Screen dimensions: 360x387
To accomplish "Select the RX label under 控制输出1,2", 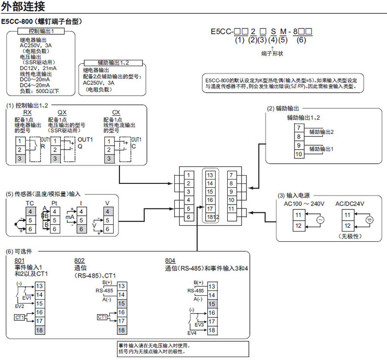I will click(x=28, y=112).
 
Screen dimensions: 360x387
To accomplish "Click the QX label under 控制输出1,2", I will click(x=62, y=112).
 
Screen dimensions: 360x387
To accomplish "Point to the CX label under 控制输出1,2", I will click(x=116, y=112).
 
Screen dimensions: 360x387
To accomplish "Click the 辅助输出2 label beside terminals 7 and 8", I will click(x=321, y=132).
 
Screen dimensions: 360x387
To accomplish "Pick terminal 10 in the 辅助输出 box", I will click(x=298, y=154).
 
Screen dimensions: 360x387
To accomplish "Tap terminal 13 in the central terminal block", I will click(x=210, y=175).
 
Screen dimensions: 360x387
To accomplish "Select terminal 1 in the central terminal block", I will click(x=188, y=175).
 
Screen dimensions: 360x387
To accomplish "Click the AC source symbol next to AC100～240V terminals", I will click(x=321, y=220).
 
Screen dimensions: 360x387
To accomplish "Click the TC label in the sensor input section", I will click(x=30, y=203).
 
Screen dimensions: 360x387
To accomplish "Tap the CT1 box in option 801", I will click(x=20, y=317).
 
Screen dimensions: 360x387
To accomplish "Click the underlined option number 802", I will click(x=79, y=260).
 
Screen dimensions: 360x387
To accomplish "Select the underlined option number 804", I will click(x=171, y=260).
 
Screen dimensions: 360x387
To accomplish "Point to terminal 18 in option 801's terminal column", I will click(x=40, y=330).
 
